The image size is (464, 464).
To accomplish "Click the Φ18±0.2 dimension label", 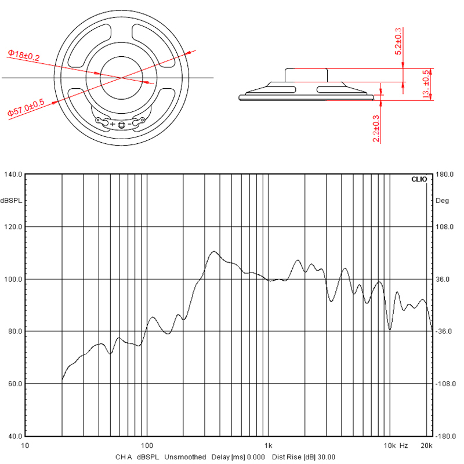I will pos(23,55).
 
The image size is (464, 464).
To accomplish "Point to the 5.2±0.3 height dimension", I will pos(398,41).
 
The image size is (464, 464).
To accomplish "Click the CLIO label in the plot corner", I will pos(418,179).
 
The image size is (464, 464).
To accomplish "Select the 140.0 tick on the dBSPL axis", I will pos(13,174).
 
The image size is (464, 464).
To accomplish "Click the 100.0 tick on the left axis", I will pos(13,279).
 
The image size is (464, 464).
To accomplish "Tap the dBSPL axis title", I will pos(11,200).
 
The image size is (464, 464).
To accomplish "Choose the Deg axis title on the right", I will pos(442,200).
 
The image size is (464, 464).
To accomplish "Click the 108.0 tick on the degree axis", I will pos(444,227).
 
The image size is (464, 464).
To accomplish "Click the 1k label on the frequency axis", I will pos(267,445).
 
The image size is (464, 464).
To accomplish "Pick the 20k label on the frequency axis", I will pos(427,445).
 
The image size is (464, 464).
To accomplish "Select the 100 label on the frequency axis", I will pos(147,445).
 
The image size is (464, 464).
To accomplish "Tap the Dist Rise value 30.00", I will pos(325,457).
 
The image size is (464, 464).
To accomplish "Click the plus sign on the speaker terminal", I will pos(113,124).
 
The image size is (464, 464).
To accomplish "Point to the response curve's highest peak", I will pos(214,252).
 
